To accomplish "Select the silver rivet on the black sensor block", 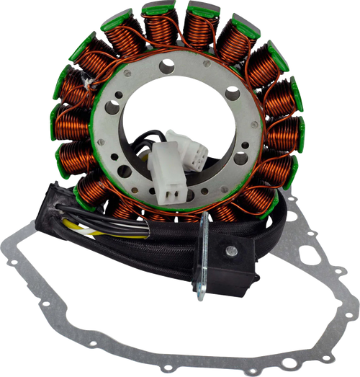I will (230, 251).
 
